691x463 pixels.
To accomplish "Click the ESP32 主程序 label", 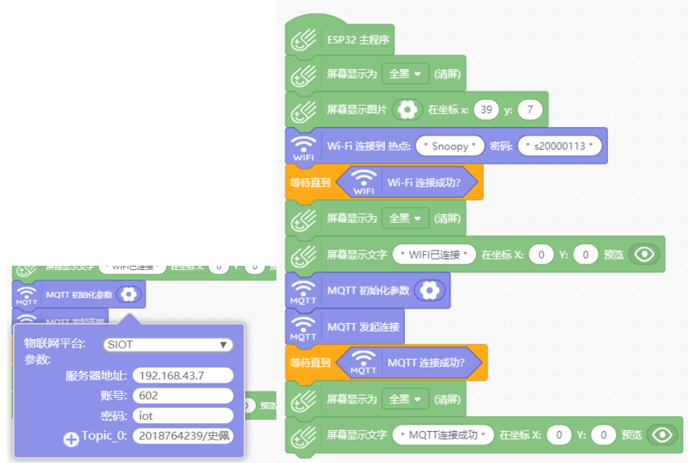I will point(358,39).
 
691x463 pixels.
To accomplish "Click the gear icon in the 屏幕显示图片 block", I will point(408,109).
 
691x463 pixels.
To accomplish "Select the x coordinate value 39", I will point(487,109).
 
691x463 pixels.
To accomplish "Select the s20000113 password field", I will point(559,146).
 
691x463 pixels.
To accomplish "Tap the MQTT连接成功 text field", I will point(443,435).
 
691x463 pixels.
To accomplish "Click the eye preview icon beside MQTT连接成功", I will point(663,435).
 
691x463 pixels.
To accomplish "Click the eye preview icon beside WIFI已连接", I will point(645,255).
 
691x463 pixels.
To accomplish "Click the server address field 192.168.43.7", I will point(182,376).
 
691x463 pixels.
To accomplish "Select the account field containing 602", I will point(182,396).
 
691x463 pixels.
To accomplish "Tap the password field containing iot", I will point(182,416).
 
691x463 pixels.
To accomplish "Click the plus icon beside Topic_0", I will point(71,439).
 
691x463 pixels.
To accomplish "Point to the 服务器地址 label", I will point(96,376).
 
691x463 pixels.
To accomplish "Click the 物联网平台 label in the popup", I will point(55,343).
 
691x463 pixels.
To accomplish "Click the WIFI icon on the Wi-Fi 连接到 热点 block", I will point(303,147).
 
